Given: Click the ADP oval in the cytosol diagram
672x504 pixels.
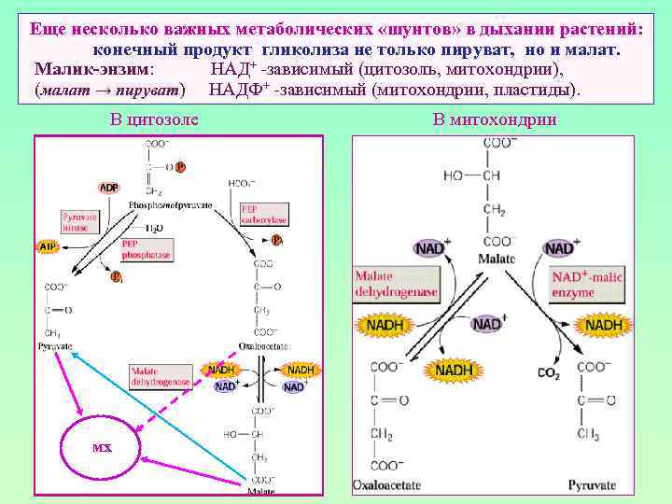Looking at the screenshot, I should tap(109, 188).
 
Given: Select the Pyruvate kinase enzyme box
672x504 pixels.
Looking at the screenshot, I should tap(79, 221).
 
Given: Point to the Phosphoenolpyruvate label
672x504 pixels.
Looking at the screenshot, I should tap(170, 203).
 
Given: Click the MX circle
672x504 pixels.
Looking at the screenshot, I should tap(102, 448).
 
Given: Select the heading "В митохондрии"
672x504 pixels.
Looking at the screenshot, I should tap(495, 119).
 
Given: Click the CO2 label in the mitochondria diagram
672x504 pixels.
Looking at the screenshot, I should tap(549, 373).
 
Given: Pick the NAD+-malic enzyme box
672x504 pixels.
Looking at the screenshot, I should tap(587, 285).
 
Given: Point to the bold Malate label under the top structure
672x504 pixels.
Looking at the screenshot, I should tap(496, 259).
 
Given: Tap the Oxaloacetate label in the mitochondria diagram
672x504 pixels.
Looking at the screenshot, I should tap(386, 485).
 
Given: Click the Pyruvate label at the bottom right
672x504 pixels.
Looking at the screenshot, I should tap(593, 485).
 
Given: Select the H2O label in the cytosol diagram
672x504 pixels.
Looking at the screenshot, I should tap(155, 227).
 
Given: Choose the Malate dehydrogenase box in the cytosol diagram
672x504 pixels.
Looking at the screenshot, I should tap(161, 375).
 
